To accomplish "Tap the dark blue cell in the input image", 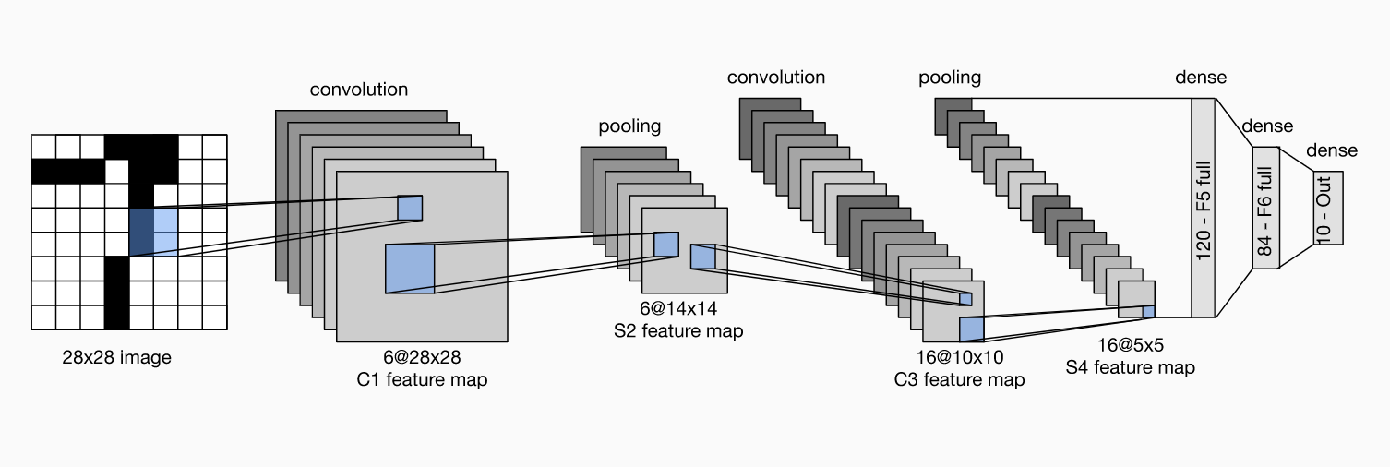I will pos(141,232).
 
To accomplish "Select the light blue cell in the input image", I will pos(165,232).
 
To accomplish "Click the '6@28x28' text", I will pos(421,357).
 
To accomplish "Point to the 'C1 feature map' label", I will pos(421,379).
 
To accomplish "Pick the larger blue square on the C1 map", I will pos(409,269).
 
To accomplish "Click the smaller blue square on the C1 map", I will pos(410,208).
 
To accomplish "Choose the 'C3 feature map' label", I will pos(959,379).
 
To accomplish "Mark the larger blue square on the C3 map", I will pos(972,329).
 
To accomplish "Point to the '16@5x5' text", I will pos(1129,345).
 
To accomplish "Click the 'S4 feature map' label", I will pos(1129,367).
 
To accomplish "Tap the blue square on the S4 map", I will pos(1149,311).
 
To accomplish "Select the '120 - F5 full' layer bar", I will pos(1203,209).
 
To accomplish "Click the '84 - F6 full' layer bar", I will pos(1264,208).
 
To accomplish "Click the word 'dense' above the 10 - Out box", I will pos(1332,150).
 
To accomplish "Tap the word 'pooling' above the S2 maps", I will pos(629,126).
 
